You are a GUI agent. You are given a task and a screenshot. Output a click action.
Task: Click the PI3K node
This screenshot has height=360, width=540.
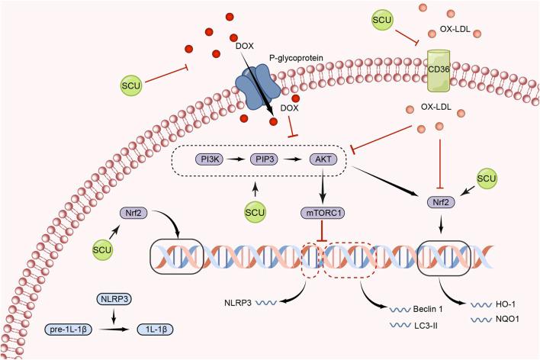pos(210,159)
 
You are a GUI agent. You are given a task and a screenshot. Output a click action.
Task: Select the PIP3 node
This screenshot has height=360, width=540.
pos(264,159)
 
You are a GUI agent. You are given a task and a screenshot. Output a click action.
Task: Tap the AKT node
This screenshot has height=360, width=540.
pos(323,159)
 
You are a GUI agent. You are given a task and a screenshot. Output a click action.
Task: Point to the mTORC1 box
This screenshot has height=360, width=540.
pos(323,213)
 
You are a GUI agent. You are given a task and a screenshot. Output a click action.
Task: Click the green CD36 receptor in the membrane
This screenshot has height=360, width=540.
pos(439,71)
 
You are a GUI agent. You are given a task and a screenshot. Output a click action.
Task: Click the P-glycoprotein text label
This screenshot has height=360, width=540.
pos(296,58)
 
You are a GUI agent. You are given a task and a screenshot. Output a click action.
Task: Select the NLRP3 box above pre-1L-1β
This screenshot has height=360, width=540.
pos(114,299)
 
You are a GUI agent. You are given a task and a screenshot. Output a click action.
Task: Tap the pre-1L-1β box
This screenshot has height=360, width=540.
pos(69,329)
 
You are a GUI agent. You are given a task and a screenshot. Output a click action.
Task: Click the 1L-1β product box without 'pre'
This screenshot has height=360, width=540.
pos(156,329)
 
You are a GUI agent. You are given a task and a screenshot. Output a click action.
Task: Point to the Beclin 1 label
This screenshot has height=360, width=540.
pos(428,309)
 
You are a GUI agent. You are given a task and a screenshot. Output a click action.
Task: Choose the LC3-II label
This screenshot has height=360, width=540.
pos(426,325)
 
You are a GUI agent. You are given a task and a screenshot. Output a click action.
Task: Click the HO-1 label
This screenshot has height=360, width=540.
pos(506,304)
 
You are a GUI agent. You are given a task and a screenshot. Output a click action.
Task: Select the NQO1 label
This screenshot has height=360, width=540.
pos(507,319)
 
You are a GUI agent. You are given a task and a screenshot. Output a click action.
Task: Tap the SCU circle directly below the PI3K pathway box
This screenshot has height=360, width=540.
pos(255,212)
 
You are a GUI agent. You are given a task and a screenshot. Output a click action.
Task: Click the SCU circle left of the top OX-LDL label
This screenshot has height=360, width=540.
pos(382,20)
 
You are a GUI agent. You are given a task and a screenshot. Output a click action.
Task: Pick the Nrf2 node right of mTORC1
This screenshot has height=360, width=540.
pos(441,202)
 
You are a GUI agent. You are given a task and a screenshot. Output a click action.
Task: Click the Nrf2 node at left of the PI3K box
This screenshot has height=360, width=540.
pos(133,213)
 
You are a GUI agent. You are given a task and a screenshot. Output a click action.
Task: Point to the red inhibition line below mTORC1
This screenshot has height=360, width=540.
pos(322,232)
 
